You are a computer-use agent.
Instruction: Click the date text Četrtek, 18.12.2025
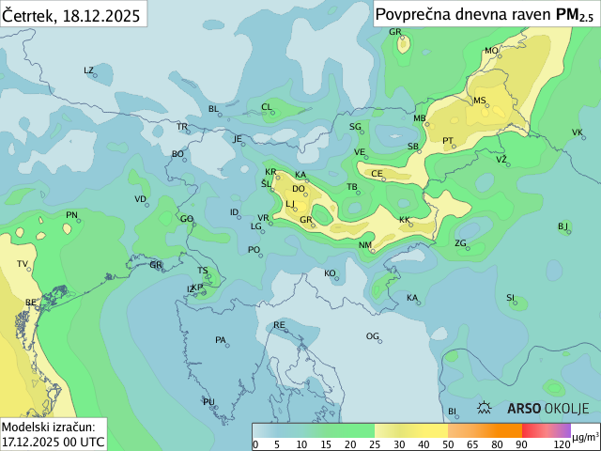pyautogui.click(x=71, y=15)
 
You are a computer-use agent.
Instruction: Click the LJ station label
pyautogui.click(x=290, y=204)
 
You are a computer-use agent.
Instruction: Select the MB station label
pyautogui.click(x=420, y=118)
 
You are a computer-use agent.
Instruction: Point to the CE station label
pyautogui.click(x=377, y=174)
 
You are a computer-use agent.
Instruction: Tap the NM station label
pyautogui.click(x=365, y=245)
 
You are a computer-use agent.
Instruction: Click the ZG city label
pyautogui.click(x=461, y=243)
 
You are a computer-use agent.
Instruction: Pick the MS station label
pyautogui.click(x=480, y=101)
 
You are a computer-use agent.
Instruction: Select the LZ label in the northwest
pyautogui.click(x=89, y=70)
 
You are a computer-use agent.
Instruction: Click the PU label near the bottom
pyautogui.click(x=208, y=402)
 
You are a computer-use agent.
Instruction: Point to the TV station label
pyautogui.click(x=23, y=264)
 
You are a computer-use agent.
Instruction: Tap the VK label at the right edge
pyautogui.click(x=578, y=132)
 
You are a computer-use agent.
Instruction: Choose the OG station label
pyautogui.click(x=373, y=336)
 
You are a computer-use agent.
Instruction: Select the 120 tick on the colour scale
pyautogui.click(x=562, y=443)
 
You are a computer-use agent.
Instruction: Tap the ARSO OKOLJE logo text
pyautogui.click(x=547, y=409)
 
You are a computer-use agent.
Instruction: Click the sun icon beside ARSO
pyautogui.click(x=485, y=409)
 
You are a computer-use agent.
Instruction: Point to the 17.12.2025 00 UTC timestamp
pyautogui.click(x=54, y=440)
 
